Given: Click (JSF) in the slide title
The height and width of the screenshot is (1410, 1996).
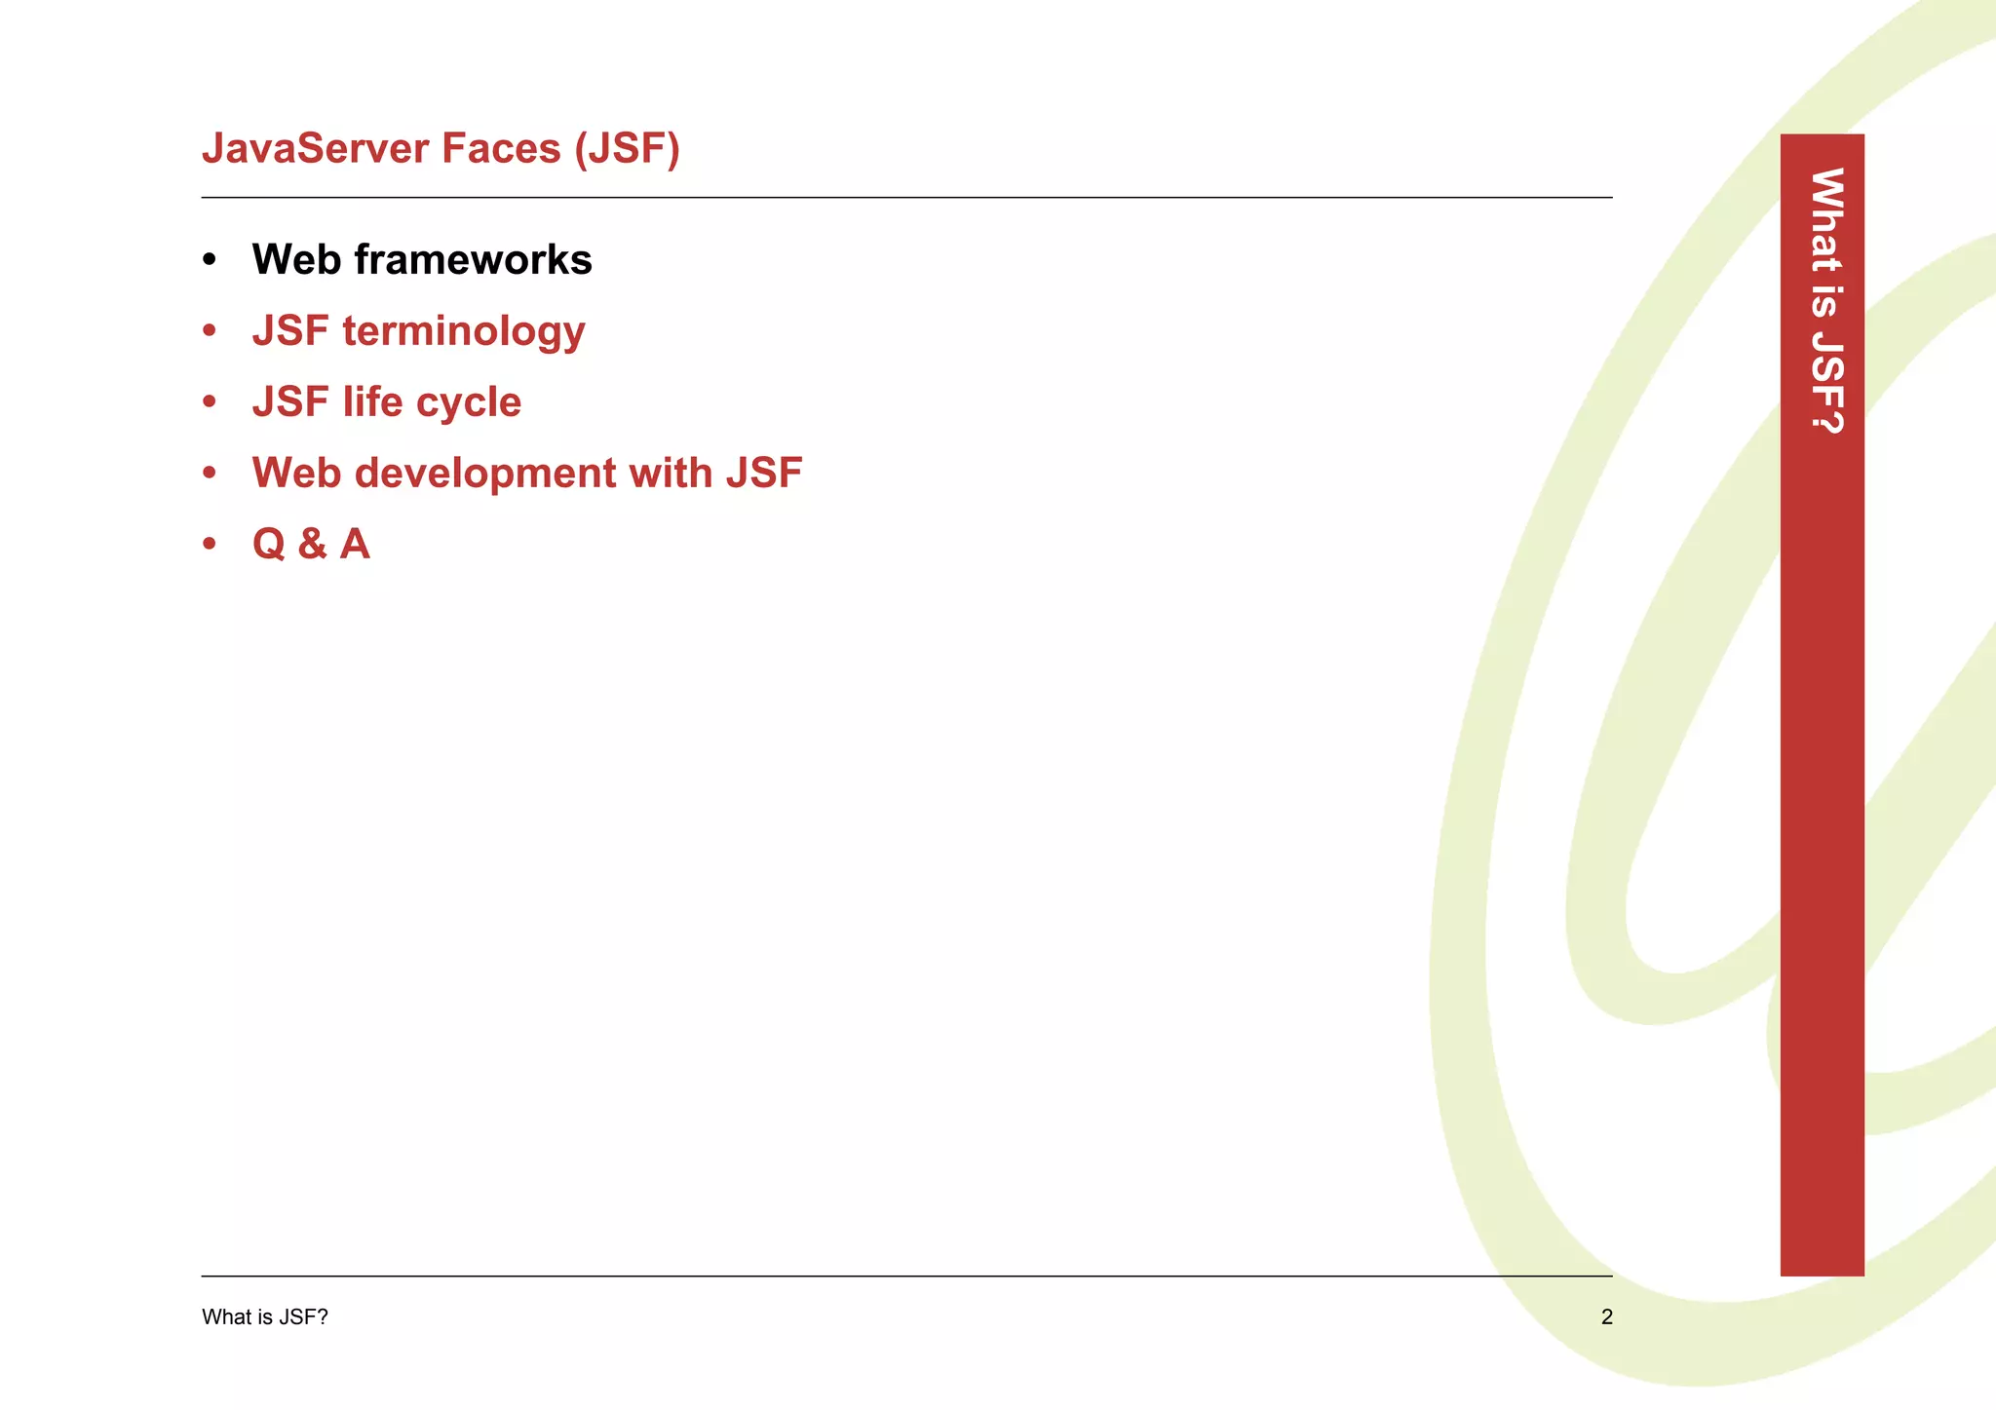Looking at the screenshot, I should pyautogui.click(x=627, y=149).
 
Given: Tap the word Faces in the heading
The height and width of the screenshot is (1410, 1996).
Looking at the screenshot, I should pyautogui.click(x=501, y=149).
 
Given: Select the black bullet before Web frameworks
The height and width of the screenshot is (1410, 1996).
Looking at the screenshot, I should pyautogui.click(x=210, y=260).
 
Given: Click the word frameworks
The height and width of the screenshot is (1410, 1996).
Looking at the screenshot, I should pyautogui.click(x=473, y=260).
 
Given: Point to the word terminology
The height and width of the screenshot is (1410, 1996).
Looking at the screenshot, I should pyautogui.click(x=464, y=332).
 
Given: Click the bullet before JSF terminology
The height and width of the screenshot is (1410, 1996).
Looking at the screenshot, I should pyautogui.click(x=210, y=331).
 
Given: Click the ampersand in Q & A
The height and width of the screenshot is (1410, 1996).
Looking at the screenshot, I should pyautogui.click(x=313, y=545).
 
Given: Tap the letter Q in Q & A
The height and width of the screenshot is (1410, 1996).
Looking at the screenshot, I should pyautogui.click(x=269, y=545).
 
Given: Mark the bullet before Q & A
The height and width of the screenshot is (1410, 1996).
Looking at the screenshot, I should pyautogui.click(x=210, y=545).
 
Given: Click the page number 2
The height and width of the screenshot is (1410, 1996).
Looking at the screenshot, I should pyautogui.click(x=1606, y=1317).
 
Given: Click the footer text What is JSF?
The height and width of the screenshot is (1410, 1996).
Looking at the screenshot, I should pyautogui.click(x=265, y=1317).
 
